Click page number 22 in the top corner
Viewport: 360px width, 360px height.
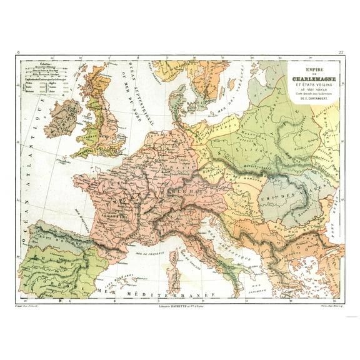[x=340, y=52]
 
